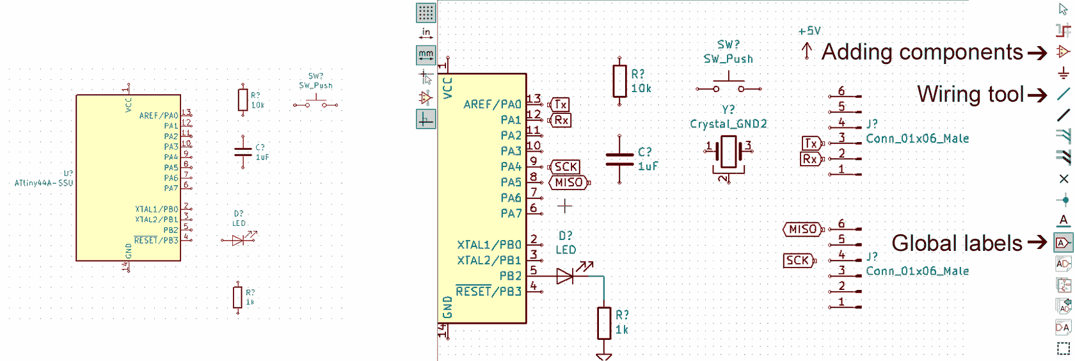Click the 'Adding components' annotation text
click(921, 52)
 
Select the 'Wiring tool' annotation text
click(970, 94)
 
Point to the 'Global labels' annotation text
click(957, 243)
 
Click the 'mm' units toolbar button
click(426, 55)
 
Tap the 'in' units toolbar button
click(426, 33)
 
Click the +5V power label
click(809, 31)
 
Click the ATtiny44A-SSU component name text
click(44, 183)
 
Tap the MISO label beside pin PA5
click(568, 182)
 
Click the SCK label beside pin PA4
click(565, 167)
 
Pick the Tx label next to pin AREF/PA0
click(561, 104)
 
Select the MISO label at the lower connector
click(802, 229)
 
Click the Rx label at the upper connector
click(810, 159)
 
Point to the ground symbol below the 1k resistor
click(604, 356)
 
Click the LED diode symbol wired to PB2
click(565, 276)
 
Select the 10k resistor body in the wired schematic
click(619, 81)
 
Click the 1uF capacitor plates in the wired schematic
click(619, 159)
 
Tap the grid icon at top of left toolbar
click(426, 12)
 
